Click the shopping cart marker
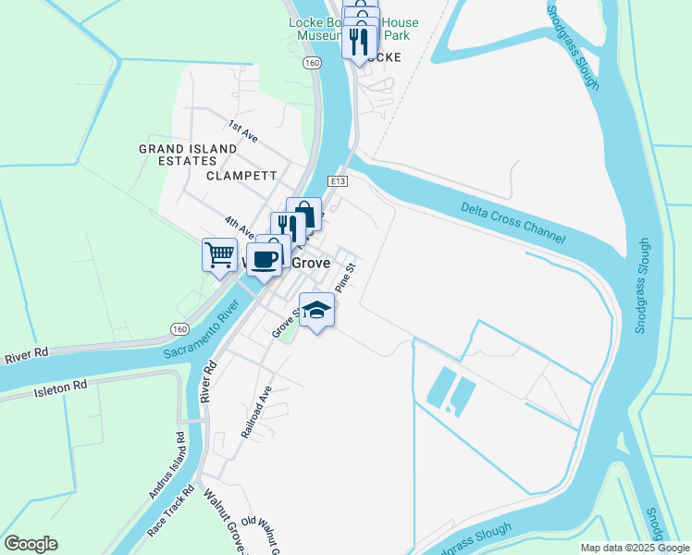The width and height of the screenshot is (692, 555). pyautogui.click(x=219, y=255)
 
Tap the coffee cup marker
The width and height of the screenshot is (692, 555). pyautogui.click(x=265, y=259)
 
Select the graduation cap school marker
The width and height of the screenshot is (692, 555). pyautogui.click(x=316, y=311)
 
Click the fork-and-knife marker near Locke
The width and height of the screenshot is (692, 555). pyautogui.click(x=359, y=42)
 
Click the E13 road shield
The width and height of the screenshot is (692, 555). pyautogui.click(x=337, y=181)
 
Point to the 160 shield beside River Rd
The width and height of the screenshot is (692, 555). pyautogui.click(x=179, y=328)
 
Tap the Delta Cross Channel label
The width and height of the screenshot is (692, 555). pyautogui.click(x=513, y=223)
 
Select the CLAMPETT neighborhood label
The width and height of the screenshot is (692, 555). pyautogui.click(x=241, y=175)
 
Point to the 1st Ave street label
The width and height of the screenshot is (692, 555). pyautogui.click(x=243, y=132)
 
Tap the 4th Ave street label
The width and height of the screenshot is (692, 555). pyautogui.click(x=239, y=226)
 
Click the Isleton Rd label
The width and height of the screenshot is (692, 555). pyautogui.click(x=61, y=385)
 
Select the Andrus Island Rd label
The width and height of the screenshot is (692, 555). pyautogui.click(x=169, y=472)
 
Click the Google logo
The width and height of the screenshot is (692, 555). pyautogui.click(x=31, y=544)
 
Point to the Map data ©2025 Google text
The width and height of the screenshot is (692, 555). pyautogui.click(x=634, y=548)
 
